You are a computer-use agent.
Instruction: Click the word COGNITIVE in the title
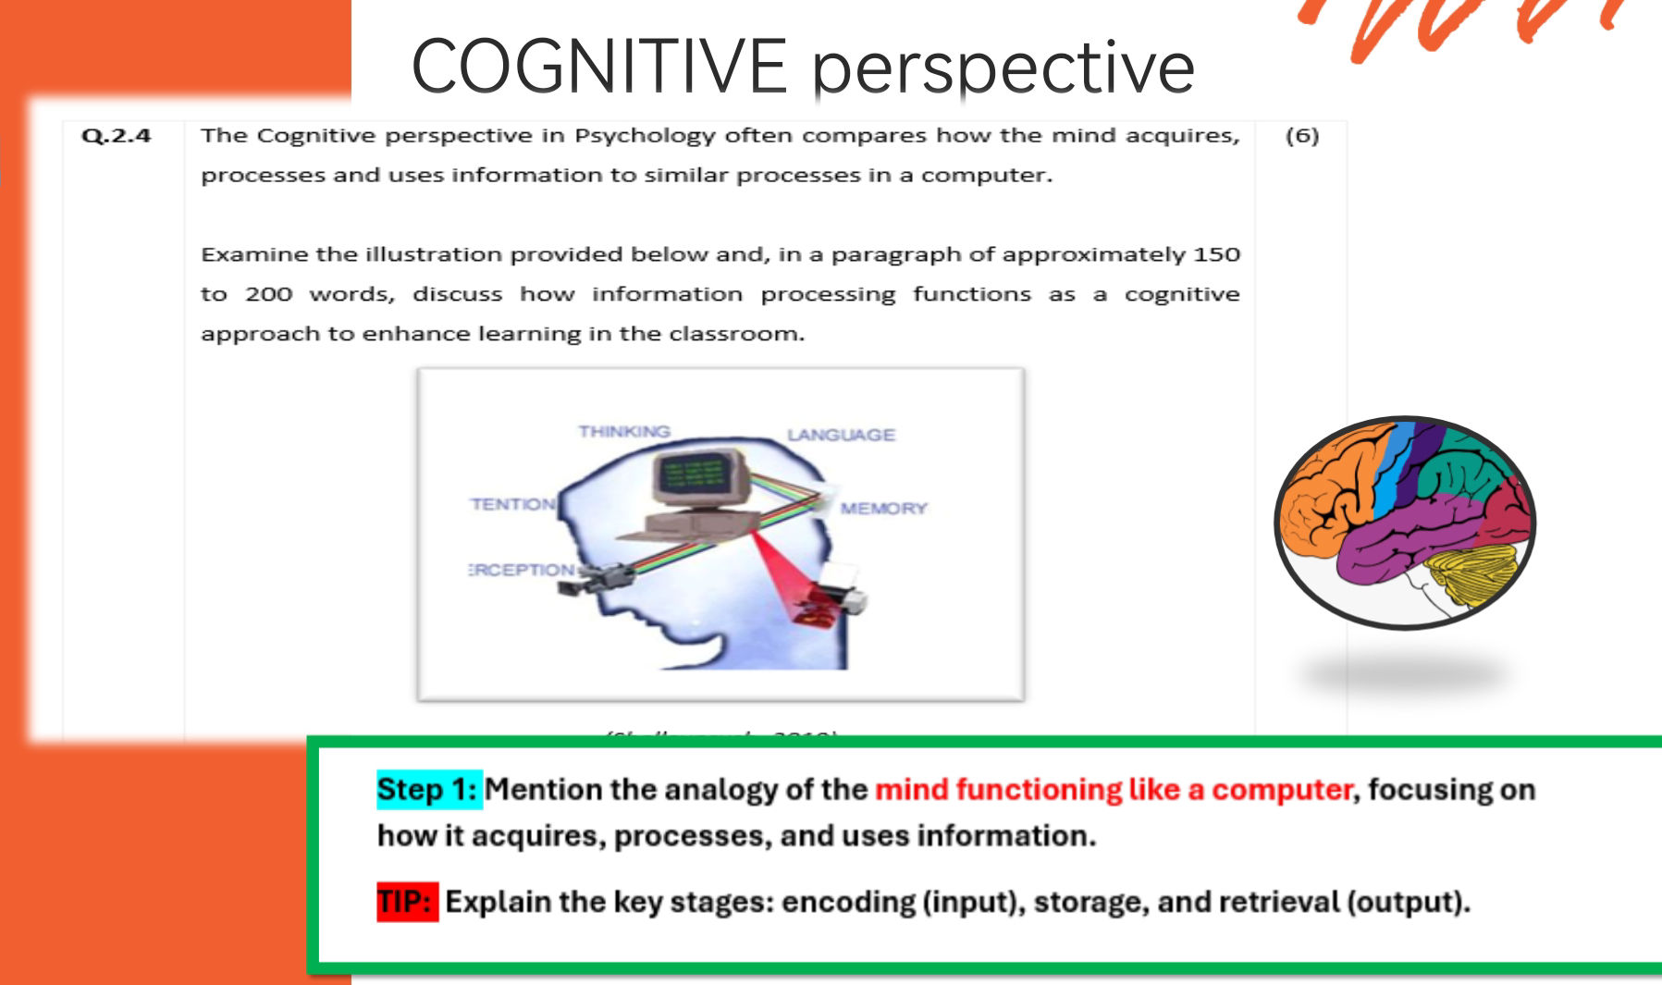pyautogui.click(x=598, y=67)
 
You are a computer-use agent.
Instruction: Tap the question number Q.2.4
pyautogui.click(x=116, y=136)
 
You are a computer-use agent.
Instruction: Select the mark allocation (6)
pyautogui.click(x=1301, y=136)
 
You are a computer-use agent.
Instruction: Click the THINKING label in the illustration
pyautogui.click(x=624, y=432)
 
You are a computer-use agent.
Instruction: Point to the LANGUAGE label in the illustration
pyautogui.click(x=841, y=435)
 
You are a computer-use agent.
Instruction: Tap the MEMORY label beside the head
pyautogui.click(x=883, y=509)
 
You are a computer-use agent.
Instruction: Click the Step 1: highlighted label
pyautogui.click(x=428, y=790)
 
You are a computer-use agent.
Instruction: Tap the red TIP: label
pyautogui.click(x=406, y=902)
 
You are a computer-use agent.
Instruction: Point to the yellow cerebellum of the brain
pyautogui.click(x=1472, y=573)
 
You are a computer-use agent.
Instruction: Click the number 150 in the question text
pyautogui.click(x=1216, y=254)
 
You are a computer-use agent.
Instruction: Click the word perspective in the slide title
pyautogui.click(x=1003, y=67)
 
